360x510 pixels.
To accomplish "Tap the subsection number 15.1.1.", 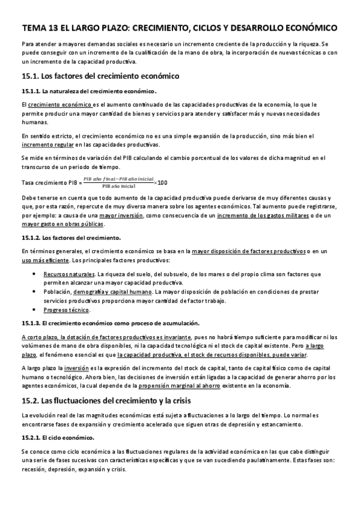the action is tap(30, 91).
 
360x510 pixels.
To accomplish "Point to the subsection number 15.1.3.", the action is tap(31, 324).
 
